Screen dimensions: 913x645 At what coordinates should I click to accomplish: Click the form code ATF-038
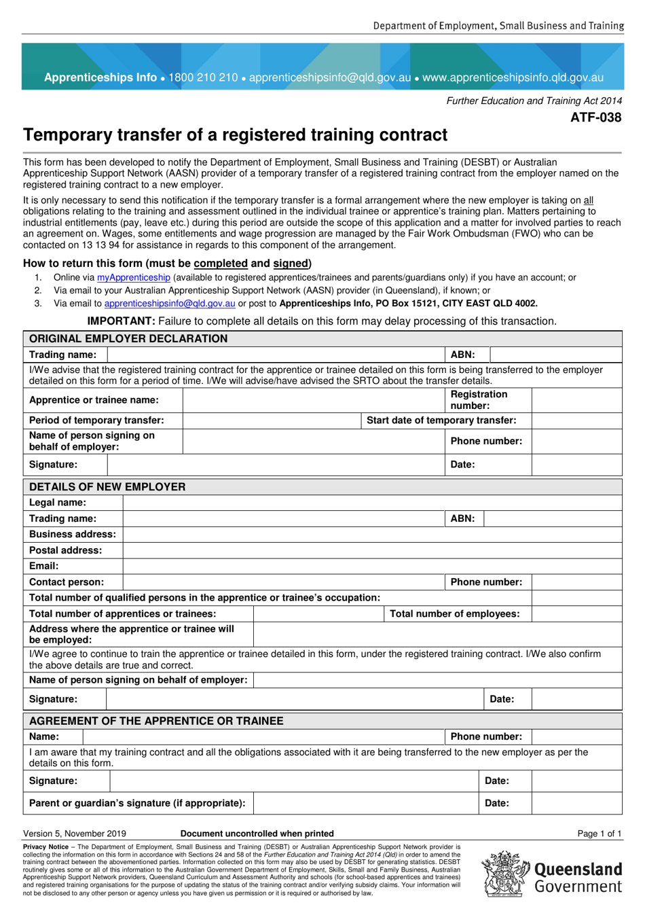click(595, 118)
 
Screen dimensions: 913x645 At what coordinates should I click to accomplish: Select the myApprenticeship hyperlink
click(133, 277)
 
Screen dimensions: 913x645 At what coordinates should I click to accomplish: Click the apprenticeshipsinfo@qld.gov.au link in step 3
click(170, 304)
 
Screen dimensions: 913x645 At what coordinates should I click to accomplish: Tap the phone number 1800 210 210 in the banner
click(203, 77)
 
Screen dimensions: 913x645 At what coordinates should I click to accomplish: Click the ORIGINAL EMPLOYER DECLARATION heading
click(128, 338)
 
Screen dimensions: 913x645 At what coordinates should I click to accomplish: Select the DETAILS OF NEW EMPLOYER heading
click(107, 486)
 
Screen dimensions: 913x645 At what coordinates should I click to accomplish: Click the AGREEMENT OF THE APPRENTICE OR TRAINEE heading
click(156, 721)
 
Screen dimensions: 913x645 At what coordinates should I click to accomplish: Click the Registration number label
click(479, 399)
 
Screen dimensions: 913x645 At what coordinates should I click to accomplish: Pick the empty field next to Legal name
click(372, 503)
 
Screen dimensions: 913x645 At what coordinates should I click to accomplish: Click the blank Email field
click(372, 566)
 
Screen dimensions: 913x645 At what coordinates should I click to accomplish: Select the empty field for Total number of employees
click(576, 613)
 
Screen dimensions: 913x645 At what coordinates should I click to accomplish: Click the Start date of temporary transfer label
click(441, 420)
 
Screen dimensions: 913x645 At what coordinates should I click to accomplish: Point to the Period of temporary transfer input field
click(272, 420)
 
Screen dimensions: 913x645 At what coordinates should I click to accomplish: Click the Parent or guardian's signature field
click(366, 803)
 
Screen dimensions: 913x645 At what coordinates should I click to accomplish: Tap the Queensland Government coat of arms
click(505, 874)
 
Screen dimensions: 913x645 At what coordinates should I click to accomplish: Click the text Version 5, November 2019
click(75, 834)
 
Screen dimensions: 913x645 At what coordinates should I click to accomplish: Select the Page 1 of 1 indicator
click(599, 834)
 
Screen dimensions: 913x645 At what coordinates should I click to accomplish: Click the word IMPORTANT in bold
click(121, 321)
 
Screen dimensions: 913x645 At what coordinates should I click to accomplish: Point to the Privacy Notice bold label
click(45, 847)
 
